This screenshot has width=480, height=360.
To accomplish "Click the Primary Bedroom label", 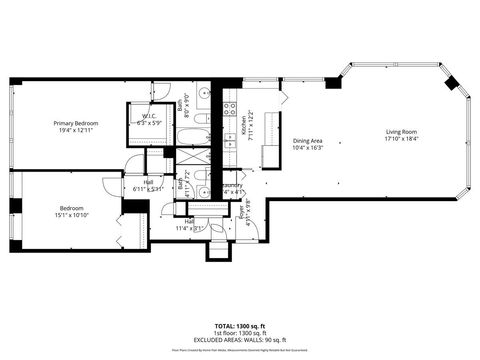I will tap(76, 123).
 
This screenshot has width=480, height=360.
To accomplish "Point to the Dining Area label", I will tap(307, 141).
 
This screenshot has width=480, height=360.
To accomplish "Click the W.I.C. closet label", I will tap(148, 116).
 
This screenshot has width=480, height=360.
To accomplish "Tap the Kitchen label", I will tap(243, 125).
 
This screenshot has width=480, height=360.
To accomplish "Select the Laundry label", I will tap(233, 185).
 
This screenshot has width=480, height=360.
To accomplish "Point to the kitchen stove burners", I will tap(229, 108).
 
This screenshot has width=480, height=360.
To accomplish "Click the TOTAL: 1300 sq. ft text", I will tap(240, 327).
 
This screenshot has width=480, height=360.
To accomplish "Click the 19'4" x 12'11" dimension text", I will tap(76, 130).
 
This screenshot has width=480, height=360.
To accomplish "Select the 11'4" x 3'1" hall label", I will tap(188, 229).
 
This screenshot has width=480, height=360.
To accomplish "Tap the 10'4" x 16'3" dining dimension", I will tap(307, 148).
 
